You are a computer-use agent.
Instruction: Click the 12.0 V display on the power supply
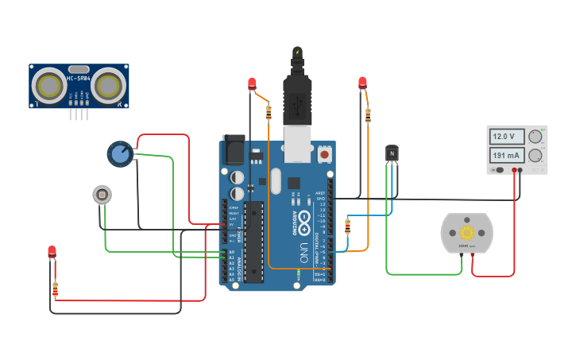507,136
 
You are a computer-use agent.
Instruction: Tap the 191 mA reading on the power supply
507,155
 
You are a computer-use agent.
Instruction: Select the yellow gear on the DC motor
466,232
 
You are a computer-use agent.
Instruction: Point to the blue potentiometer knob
120,153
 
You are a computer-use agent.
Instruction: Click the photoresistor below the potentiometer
102,194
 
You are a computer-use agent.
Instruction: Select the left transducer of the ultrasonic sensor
48,83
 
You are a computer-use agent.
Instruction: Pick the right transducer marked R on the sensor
110,84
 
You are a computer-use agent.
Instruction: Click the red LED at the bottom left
52,252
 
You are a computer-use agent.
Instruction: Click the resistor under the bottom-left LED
55,288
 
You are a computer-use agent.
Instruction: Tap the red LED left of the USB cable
253,83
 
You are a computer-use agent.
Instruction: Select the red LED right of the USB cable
363,82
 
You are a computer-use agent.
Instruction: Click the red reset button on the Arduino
325,152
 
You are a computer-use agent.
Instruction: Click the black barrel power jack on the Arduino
234,150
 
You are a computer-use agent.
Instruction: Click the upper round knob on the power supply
535,136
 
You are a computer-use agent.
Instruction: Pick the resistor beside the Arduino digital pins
347,226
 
